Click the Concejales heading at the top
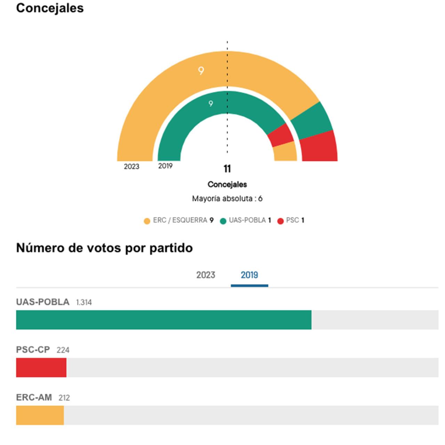click(50, 8)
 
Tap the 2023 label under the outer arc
click(131, 167)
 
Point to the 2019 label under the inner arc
click(165, 166)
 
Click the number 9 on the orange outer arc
click(201, 71)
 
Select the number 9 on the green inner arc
click(211, 104)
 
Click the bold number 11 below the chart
click(227, 169)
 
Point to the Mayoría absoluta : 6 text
click(227, 199)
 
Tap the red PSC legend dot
click(281, 221)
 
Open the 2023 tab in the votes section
click(205, 275)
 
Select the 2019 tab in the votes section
click(249, 275)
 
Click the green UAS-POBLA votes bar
click(163, 320)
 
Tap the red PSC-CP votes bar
click(41, 367)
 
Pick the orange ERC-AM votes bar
click(40, 415)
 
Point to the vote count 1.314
click(84, 302)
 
